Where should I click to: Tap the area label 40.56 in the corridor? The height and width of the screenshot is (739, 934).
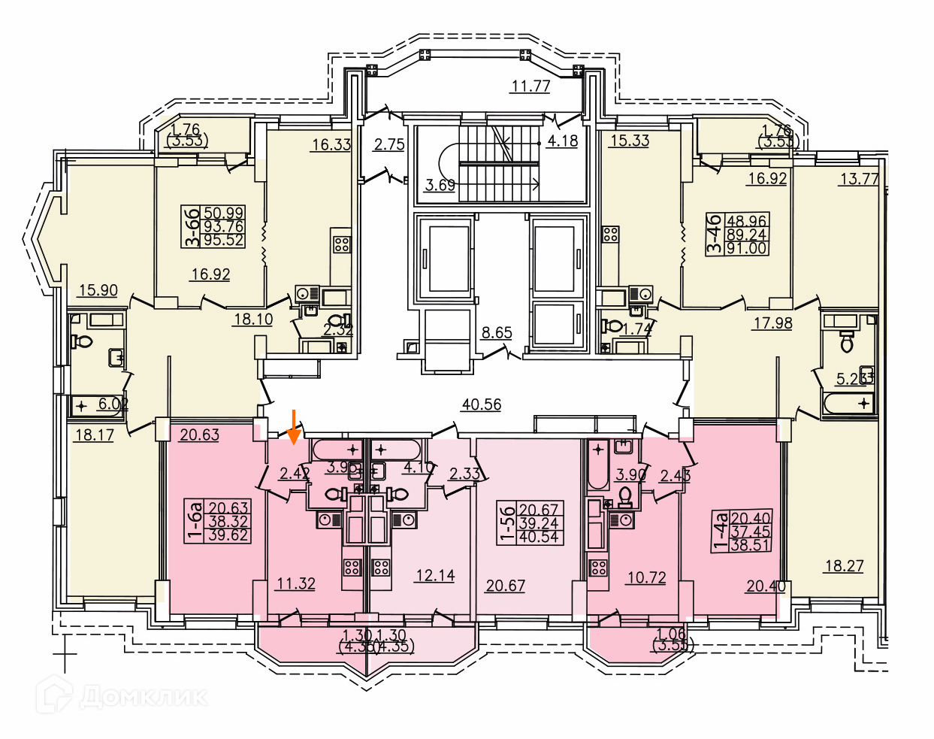(x=481, y=404)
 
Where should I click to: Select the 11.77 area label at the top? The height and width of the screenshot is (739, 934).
(x=530, y=86)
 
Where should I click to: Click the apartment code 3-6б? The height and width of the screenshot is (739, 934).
(x=193, y=227)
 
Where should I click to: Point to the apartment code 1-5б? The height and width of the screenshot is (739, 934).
(x=508, y=523)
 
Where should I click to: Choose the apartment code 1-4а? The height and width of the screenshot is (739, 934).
(x=721, y=531)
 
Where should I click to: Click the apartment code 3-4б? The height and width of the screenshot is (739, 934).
(x=715, y=234)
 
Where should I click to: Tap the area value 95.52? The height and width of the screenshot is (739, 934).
(x=223, y=241)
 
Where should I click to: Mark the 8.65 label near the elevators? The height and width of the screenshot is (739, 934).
(x=497, y=332)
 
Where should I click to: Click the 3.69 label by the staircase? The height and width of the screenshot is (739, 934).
(x=440, y=184)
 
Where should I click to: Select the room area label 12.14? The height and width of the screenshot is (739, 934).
(x=435, y=575)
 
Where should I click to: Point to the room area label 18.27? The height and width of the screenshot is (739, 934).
(x=844, y=565)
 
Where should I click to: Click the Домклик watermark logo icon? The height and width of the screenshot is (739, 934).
(x=54, y=695)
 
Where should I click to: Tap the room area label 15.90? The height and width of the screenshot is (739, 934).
(x=98, y=289)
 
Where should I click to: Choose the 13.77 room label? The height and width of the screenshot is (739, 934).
(x=859, y=178)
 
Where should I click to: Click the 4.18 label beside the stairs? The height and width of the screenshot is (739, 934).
(x=562, y=141)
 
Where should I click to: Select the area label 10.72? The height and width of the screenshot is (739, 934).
(x=646, y=577)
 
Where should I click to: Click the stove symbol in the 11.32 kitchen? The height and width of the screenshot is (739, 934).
(x=352, y=567)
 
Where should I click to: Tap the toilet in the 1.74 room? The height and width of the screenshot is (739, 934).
(x=614, y=327)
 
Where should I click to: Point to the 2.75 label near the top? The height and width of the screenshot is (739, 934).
(x=389, y=144)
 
